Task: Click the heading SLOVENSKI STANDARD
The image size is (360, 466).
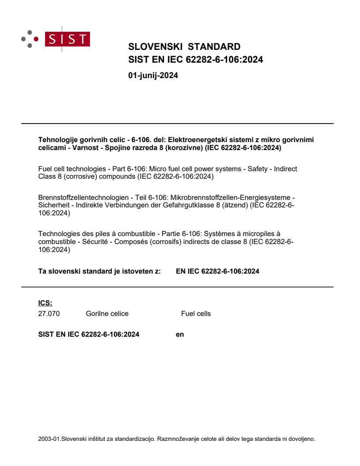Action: [184, 47]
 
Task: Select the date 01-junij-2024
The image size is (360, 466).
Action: [153, 75]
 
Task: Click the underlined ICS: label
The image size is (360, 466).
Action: [45, 303]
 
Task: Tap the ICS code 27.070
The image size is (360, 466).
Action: [49, 314]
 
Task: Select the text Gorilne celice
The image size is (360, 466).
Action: [107, 314]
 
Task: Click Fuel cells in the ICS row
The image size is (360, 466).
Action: [196, 314]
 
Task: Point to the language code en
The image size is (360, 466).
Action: [180, 334]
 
